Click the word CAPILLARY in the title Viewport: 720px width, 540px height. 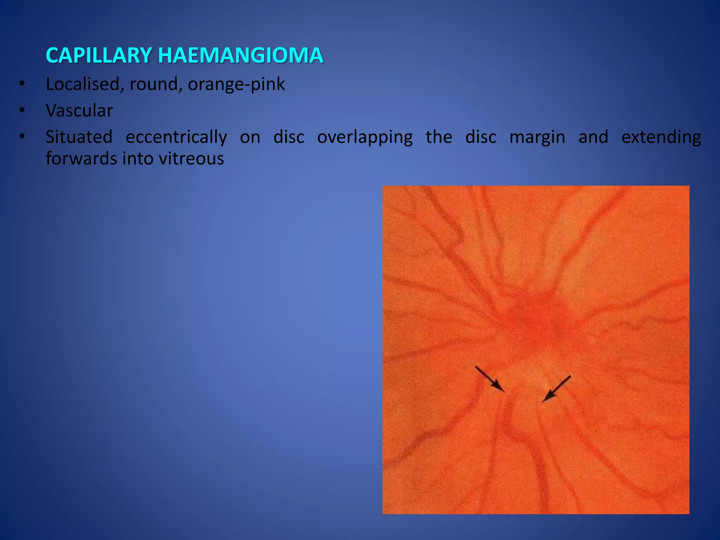point(99,56)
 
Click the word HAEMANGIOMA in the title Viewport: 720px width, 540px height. point(240,56)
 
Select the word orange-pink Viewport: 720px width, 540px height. point(236,84)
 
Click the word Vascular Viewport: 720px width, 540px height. point(79,111)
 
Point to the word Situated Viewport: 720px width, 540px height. point(79,137)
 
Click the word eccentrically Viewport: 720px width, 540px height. point(176,137)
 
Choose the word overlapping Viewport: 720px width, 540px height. point(365,137)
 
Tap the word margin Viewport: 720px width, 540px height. point(537,137)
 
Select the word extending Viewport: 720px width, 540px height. point(661,137)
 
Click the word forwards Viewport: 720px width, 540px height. point(81,159)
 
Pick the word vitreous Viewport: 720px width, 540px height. point(191,159)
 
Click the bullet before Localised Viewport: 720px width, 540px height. point(22,84)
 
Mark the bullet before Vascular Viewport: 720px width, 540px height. point(22,111)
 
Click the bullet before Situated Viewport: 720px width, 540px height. point(22,137)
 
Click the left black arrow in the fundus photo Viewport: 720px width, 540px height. point(490,379)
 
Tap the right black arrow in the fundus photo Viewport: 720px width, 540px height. point(557,389)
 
